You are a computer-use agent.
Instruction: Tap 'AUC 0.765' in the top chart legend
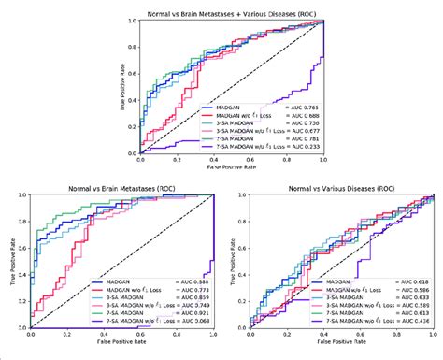[300, 108]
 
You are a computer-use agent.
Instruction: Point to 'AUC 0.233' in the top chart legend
[300, 145]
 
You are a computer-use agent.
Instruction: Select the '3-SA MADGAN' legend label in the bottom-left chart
[107, 296]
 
